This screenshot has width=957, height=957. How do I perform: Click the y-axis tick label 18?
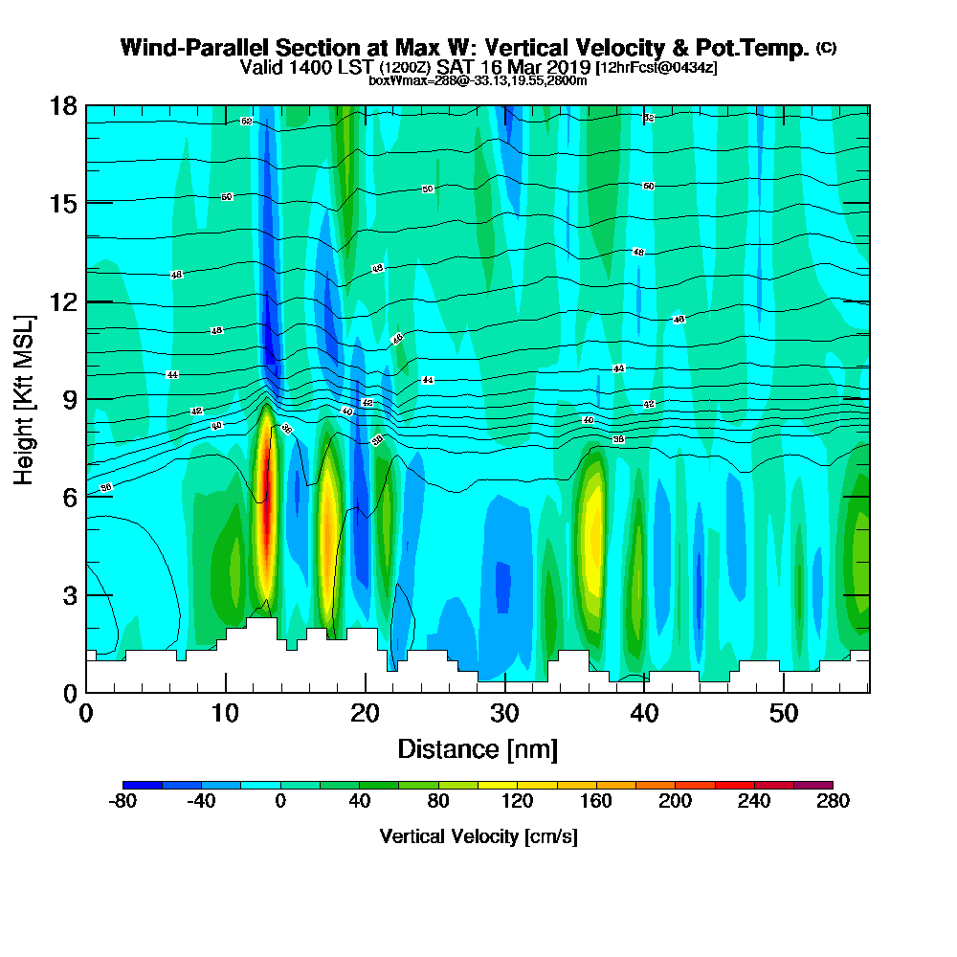[x=63, y=105]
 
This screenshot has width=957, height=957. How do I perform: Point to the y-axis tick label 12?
[x=63, y=301]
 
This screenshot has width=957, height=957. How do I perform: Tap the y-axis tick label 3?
[x=69, y=594]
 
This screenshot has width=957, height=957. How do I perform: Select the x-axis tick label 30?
[x=504, y=714]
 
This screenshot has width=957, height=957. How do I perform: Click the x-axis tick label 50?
[x=784, y=714]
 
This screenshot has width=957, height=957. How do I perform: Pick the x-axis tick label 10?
[x=225, y=714]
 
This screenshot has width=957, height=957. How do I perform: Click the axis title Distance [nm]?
[x=478, y=748]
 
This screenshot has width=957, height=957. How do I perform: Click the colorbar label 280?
[x=832, y=802]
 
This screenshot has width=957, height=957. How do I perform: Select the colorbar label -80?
[x=123, y=802]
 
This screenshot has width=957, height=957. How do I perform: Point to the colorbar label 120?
[x=517, y=802]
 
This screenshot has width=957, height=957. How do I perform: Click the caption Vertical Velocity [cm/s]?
[x=478, y=836]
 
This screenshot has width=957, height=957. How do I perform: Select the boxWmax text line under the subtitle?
[x=478, y=80]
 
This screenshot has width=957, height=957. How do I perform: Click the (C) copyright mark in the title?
[x=826, y=48]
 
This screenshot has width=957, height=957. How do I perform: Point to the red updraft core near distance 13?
[x=267, y=498]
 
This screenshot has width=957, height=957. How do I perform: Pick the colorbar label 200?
[x=675, y=802]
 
